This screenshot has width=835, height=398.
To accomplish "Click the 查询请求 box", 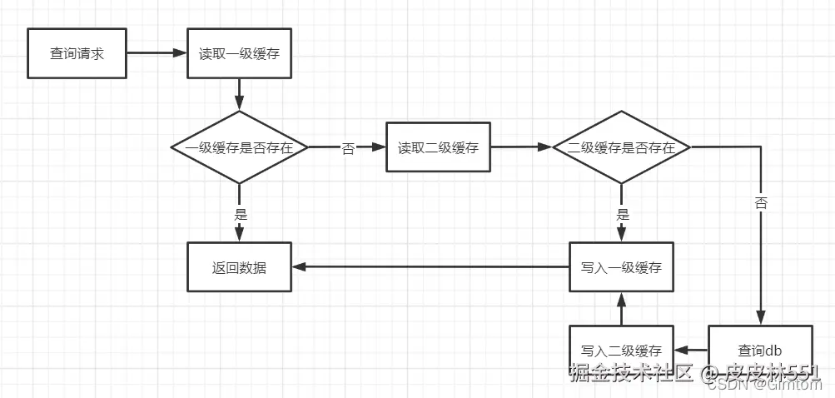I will [x=77, y=53].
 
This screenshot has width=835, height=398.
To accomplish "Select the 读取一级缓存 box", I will [x=240, y=53].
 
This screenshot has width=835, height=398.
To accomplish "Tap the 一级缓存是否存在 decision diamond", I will [x=240, y=147].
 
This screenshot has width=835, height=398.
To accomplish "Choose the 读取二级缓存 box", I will [x=438, y=148].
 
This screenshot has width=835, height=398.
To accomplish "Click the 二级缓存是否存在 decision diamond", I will [x=622, y=147].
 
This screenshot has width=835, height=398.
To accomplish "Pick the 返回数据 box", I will [x=240, y=267].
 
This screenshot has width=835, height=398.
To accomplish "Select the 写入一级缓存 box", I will [x=621, y=267].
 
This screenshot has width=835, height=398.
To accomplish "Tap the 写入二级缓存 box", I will [x=621, y=350].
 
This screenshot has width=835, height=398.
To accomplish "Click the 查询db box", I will [x=759, y=350].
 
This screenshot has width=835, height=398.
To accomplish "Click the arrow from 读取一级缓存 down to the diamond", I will [x=240, y=94].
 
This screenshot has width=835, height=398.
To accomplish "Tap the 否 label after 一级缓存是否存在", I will [x=348, y=148].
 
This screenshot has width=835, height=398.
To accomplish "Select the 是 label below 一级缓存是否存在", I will [x=240, y=213].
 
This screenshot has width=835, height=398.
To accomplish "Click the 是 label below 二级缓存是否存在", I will [x=622, y=213].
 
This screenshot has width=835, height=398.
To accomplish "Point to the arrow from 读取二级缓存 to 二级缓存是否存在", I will [x=521, y=148].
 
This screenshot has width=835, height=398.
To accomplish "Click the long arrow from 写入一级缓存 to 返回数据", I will [x=430, y=267].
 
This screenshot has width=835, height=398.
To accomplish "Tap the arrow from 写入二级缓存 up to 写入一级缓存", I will [x=621, y=309].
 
